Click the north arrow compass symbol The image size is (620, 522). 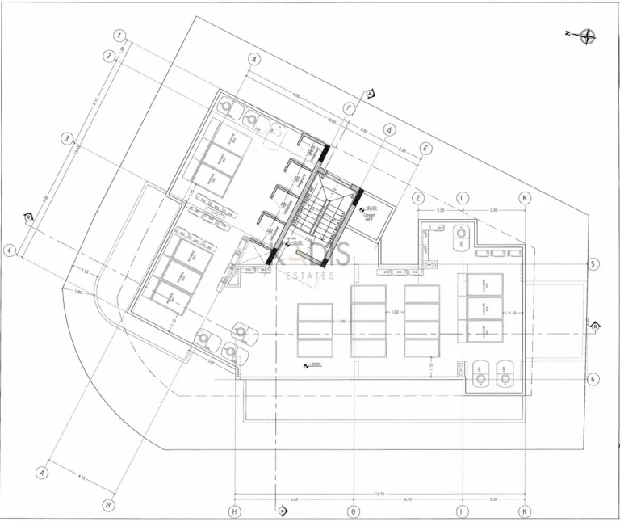click(587, 34)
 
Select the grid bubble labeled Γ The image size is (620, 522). click(349, 107)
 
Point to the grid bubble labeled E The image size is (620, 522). click(426, 149)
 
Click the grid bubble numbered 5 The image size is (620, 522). click(593, 264)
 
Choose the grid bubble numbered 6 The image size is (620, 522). click(593, 378)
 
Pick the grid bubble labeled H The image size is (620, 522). click(234, 511)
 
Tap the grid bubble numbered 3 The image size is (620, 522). click(68, 137)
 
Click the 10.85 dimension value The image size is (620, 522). click(331, 121)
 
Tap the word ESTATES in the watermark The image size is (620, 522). click(310, 276)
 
